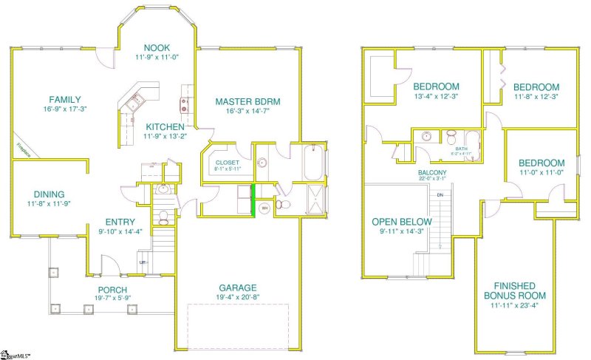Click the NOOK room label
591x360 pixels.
(157, 47)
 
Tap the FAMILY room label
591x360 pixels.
(65, 100)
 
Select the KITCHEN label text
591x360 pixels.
(164, 126)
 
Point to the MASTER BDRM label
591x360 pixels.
(247, 101)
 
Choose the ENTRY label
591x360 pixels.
(119, 222)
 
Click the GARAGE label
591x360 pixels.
(237, 288)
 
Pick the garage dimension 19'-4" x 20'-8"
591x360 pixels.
(237, 297)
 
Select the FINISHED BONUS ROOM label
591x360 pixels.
(516, 291)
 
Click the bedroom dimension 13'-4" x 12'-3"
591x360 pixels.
(437, 96)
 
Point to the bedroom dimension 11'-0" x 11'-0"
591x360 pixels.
(541, 173)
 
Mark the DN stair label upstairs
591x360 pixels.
(440, 194)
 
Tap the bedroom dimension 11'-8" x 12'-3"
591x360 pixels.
(536, 96)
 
